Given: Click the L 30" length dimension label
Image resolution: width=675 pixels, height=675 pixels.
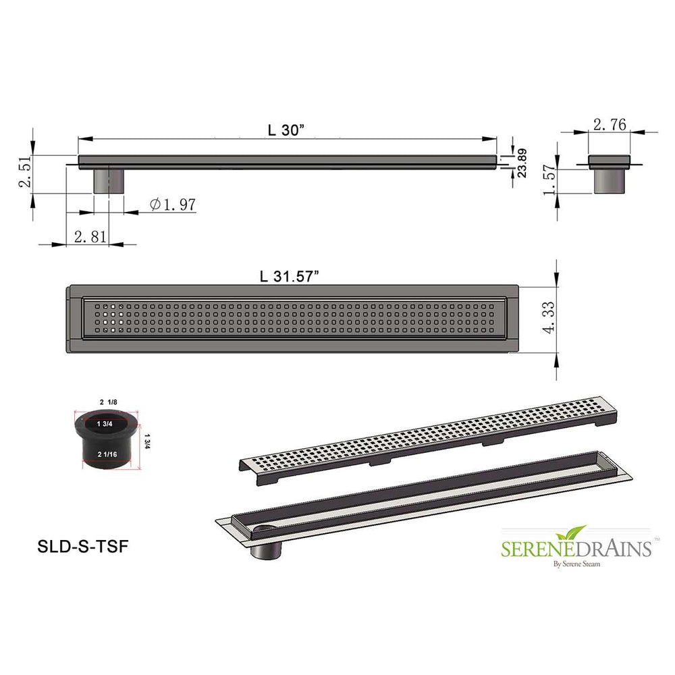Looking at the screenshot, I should point(285,130).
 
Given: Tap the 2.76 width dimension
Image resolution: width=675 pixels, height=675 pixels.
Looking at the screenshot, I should point(610,124).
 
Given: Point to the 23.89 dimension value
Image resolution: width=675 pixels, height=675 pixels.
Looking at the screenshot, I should point(521,162).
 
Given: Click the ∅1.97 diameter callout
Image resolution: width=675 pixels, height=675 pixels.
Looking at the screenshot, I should point(173,204).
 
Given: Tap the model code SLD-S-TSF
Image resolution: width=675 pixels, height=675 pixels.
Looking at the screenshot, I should point(83,547).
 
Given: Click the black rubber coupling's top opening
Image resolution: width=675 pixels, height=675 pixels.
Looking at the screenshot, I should point(105,424).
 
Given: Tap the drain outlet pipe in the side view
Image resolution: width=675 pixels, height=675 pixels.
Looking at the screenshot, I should point(108,181).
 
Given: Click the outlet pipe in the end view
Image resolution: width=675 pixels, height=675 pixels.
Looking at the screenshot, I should point(610,181).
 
